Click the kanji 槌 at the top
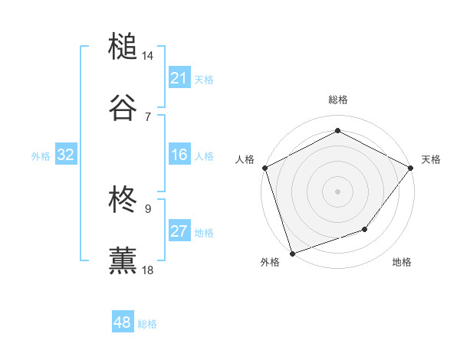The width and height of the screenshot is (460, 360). (x=123, y=47)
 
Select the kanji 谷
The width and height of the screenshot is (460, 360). (x=123, y=106)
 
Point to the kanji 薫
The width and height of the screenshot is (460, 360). (x=123, y=260)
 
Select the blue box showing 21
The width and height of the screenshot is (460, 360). (x=179, y=78)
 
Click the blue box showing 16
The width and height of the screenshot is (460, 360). (x=179, y=155)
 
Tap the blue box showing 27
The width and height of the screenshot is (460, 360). (x=179, y=232)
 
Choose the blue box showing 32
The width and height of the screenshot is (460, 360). (x=66, y=155)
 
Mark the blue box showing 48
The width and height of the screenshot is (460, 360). (x=122, y=322)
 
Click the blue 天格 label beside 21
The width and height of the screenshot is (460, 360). (x=204, y=79)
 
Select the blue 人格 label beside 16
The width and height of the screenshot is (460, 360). (x=204, y=156)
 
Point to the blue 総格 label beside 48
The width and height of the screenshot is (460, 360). (x=147, y=324)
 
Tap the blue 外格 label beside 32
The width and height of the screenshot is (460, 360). (x=41, y=156)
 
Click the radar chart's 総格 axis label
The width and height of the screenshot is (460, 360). (x=337, y=100)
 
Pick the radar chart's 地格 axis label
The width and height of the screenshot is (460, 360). (x=402, y=262)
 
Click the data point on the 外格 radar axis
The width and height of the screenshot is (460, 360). (x=292, y=253)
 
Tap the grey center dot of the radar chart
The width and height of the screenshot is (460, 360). (x=337, y=191)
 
